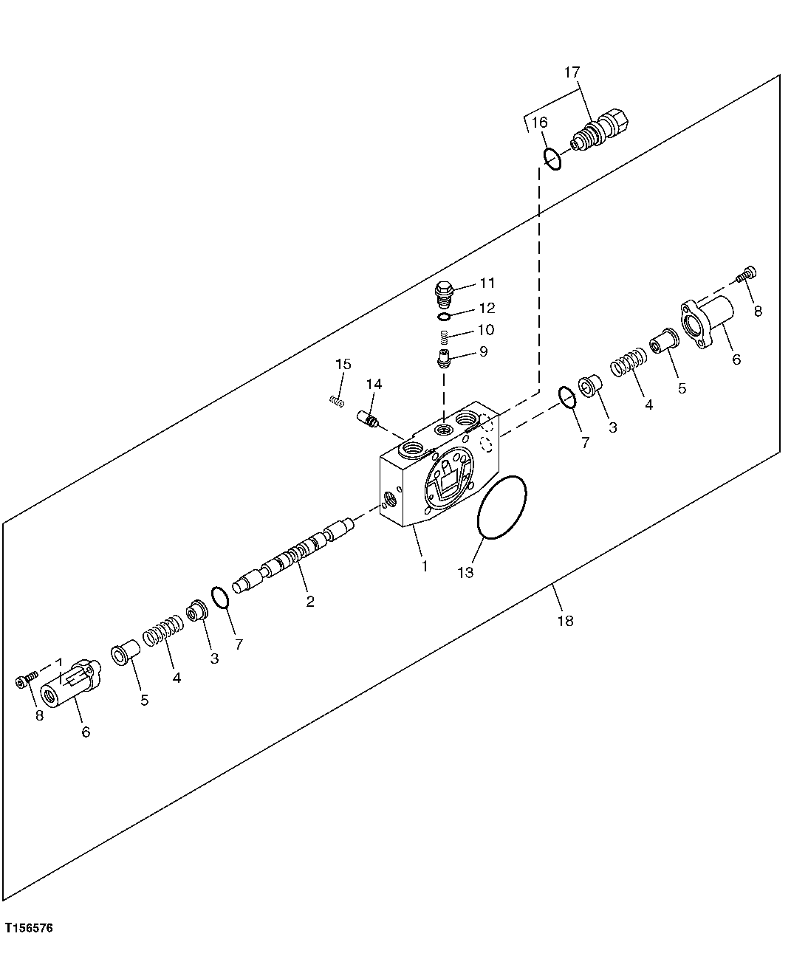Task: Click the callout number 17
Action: (572, 72)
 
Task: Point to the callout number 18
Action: (565, 621)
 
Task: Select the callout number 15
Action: (343, 364)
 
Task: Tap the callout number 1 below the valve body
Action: (425, 566)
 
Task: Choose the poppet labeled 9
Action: (444, 360)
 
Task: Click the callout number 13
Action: (466, 572)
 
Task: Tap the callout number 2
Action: (310, 602)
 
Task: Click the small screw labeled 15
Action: (337, 402)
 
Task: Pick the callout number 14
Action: (374, 384)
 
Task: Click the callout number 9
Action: (483, 352)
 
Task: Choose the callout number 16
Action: (540, 122)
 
